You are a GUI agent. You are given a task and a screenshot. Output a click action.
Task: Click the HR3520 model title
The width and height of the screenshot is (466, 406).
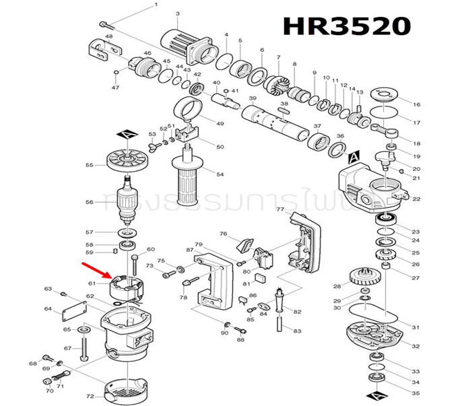pyautogui.click(x=346, y=26)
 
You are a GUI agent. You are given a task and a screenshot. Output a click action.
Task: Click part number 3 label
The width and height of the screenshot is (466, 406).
pyautogui.click(x=177, y=13)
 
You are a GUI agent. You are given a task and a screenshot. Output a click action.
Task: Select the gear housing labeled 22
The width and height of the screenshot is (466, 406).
pyautogui.click(x=370, y=190)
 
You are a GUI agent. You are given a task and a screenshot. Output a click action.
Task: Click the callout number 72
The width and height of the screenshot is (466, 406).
pyautogui.click(x=90, y=397)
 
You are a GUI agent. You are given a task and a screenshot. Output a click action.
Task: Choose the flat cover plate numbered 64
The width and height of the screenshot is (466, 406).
pyautogui.click(x=74, y=310)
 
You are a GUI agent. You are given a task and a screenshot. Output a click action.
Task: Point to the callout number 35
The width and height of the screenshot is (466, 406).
pyautogui.click(x=415, y=393)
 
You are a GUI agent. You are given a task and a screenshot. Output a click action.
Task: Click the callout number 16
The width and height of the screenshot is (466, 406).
pyautogui.click(x=416, y=104)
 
